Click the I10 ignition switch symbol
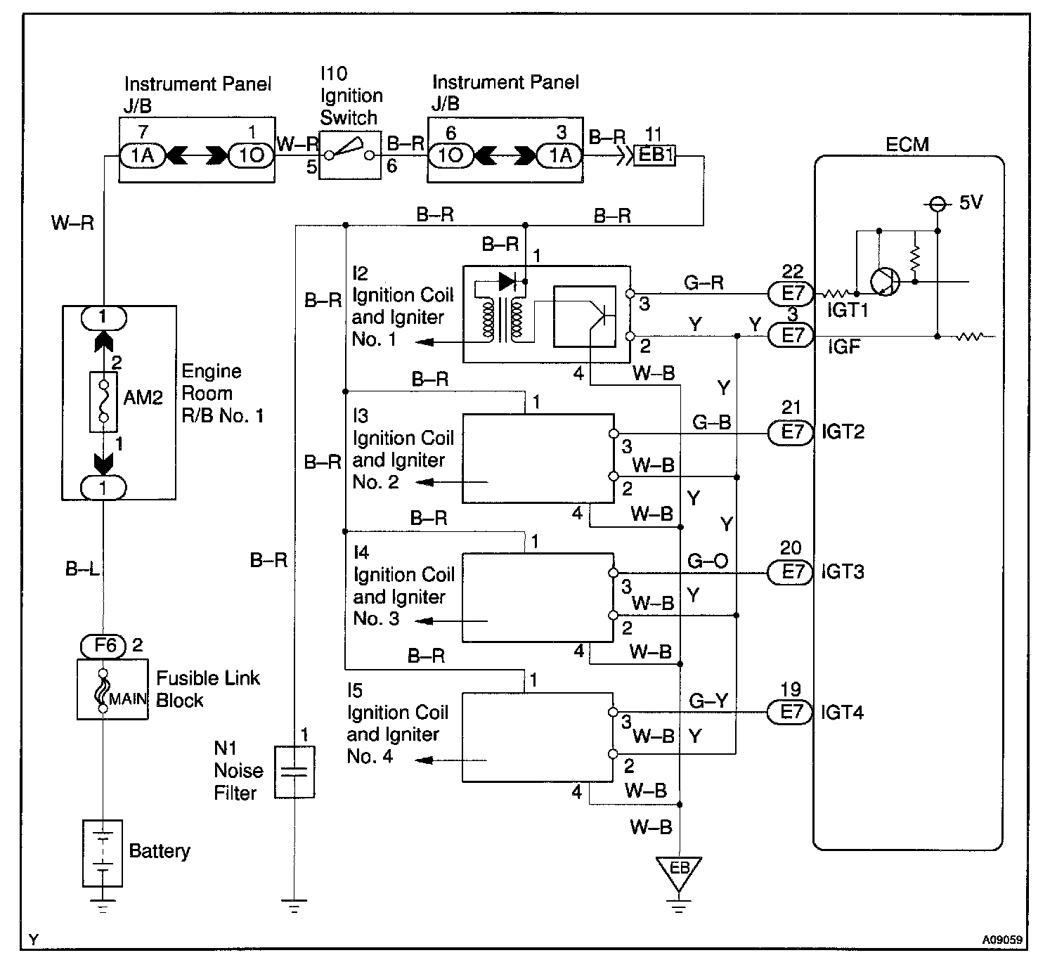(350, 155)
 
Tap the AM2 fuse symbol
(103, 401)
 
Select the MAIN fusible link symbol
(103, 691)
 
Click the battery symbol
(103, 853)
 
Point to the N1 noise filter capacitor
(294, 772)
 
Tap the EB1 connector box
(654, 155)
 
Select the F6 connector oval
(103, 646)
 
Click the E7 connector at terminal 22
(791, 294)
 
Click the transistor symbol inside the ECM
(886, 282)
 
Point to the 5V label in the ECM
(971, 202)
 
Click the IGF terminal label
(843, 346)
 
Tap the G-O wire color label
(708, 561)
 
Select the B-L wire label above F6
(82, 569)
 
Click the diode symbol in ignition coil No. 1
(507, 281)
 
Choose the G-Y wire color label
(708, 701)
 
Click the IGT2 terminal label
(843, 431)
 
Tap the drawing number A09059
(1002, 940)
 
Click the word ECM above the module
(907, 144)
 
